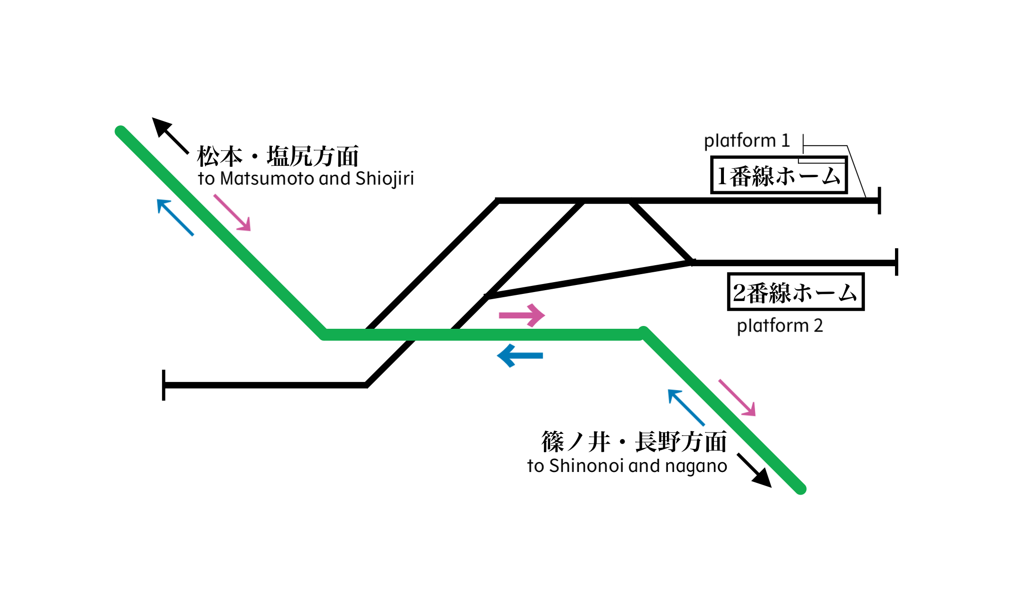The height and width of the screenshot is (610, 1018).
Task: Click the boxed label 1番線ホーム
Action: tap(779, 175)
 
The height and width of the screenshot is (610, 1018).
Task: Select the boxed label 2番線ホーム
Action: tap(796, 292)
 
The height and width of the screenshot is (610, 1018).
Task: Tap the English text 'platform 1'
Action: tap(747, 140)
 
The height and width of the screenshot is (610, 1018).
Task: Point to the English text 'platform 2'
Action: tap(780, 325)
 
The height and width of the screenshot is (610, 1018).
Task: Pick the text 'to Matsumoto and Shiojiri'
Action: tap(306, 179)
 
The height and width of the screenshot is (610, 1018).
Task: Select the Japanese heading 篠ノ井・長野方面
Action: tap(634, 442)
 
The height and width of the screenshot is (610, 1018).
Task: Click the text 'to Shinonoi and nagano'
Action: tap(627, 466)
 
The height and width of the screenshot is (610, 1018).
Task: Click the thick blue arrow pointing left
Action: tap(520, 356)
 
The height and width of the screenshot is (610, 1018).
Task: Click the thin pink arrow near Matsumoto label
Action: tap(232, 213)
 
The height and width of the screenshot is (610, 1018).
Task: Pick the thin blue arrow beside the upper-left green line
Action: tap(175, 217)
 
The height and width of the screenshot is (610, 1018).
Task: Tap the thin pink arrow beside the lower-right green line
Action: tap(737, 398)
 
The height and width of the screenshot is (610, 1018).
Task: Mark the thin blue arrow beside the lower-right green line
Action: tap(686, 407)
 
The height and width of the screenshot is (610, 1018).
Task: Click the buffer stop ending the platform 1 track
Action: tap(879, 201)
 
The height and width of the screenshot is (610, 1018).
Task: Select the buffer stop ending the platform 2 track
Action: tap(896, 262)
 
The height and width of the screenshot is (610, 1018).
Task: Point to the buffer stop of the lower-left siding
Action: tap(164, 385)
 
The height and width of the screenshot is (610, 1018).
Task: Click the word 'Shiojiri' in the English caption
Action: tap(385, 179)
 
